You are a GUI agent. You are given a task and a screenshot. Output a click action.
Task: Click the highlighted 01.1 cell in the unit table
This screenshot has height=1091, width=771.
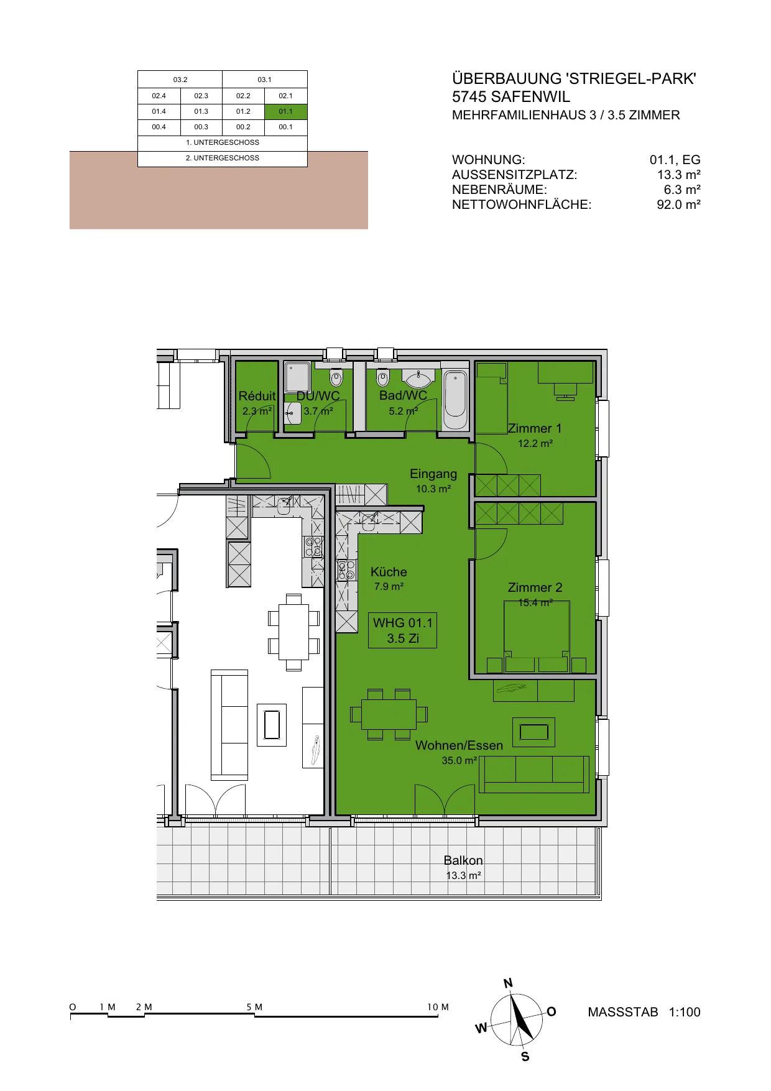[x=286, y=112]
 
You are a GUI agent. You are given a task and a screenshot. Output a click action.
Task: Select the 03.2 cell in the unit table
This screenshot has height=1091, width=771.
[x=180, y=80]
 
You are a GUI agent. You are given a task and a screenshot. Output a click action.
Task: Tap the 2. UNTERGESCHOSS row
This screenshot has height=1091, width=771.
[x=223, y=159]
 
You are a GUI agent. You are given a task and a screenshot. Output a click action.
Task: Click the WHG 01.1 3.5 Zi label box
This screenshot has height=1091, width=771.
[x=402, y=631]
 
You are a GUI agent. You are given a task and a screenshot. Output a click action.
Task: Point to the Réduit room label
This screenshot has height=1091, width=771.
[x=257, y=396]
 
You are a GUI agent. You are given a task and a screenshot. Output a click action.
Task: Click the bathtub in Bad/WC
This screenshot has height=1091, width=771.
[x=455, y=398]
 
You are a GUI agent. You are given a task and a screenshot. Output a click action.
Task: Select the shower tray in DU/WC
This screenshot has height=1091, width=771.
[x=297, y=377]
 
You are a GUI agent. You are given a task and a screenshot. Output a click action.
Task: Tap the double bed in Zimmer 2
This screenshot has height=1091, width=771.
[x=536, y=636]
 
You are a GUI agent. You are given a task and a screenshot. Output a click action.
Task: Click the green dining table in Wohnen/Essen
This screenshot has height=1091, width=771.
[x=389, y=714]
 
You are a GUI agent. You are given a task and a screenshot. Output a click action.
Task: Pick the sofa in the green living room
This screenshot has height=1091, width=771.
[x=534, y=775]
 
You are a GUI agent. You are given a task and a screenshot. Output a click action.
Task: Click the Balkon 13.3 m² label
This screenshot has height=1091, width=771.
[x=463, y=867]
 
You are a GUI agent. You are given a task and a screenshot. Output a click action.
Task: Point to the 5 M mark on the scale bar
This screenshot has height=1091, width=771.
[x=254, y=1008]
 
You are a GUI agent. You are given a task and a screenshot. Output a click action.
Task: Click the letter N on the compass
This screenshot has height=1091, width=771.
[x=508, y=983]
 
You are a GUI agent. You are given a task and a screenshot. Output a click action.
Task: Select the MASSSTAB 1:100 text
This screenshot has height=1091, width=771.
[x=644, y=1012]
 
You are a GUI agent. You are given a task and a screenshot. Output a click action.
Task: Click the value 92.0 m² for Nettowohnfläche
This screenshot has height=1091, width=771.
[x=678, y=205]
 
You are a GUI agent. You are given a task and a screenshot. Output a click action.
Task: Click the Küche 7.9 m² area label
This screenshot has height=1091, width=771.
[x=389, y=578]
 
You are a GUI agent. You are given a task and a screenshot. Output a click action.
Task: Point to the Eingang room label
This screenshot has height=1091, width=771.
[x=433, y=474]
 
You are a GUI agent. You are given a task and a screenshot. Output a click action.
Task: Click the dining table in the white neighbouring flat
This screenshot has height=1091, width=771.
[x=293, y=632]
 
